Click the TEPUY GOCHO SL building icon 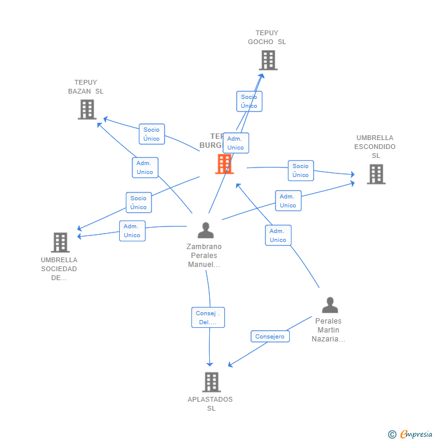click(268, 60)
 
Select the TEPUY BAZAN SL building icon click(87, 110)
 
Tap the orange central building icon click(224, 164)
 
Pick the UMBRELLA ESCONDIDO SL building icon click(376, 174)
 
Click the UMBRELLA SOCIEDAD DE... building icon click(60, 243)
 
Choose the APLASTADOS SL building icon click(211, 382)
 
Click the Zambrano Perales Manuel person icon click(206, 230)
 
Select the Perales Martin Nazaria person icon click(330, 305)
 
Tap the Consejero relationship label click(270, 337)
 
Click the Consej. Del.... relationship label click(208, 318)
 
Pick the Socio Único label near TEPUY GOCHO click(249, 101)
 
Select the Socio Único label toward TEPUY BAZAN click(151, 134)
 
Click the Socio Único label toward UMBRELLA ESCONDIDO click(300, 170)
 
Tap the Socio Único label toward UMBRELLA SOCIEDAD click(138, 203)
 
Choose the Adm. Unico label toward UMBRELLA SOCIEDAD click(132, 231)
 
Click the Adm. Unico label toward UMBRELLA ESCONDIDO click(288, 201)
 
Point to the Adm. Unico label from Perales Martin click(278, 235)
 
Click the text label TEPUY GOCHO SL click(267, 38)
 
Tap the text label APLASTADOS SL click(210, 403)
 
